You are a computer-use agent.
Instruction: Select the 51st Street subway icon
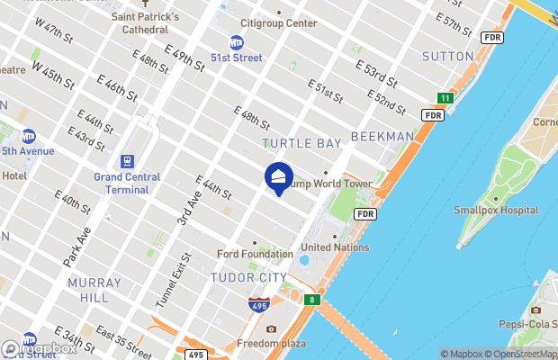(x=237, y=41)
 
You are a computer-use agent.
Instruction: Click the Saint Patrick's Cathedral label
(x=145, y=23)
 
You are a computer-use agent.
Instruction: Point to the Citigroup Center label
(x=279, y=23)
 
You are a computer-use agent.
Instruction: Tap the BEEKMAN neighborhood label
(x=382, y=137)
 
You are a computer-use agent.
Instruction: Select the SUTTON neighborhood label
(x=447, y=56)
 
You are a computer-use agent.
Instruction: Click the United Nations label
(x=335, y=247)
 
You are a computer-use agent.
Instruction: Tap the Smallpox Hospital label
(x=496, y=210)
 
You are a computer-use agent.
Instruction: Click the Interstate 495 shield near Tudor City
(x=259, y=305)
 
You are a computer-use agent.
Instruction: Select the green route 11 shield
(x=445, y=97)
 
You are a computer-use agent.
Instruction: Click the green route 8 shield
(x=312, y=299)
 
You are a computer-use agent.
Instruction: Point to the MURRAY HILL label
(x=94, y=290)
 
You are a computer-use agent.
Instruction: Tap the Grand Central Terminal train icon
(x=129, y=161)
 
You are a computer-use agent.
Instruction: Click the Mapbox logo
(x=40, y=348)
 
